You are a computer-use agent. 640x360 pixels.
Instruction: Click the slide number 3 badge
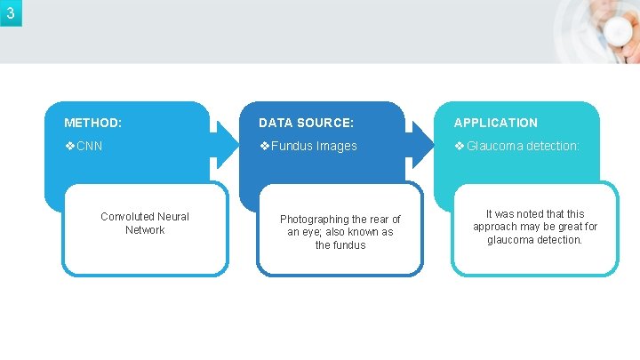point(10,12)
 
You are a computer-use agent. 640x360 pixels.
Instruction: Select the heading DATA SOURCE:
point(306,123)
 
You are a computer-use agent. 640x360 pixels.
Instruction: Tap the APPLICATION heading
point(496,123)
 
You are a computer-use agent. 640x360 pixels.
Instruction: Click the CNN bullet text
point(90,146)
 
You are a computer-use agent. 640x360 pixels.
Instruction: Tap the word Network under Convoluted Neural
point(145,229)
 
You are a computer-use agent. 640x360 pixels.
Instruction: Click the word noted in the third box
point(535,214)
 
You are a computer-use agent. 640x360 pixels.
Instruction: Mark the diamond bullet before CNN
point(69,146)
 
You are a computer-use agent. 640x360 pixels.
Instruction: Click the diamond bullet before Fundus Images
point(264,146)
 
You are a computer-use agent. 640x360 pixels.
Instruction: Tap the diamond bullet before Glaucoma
point(460,146)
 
